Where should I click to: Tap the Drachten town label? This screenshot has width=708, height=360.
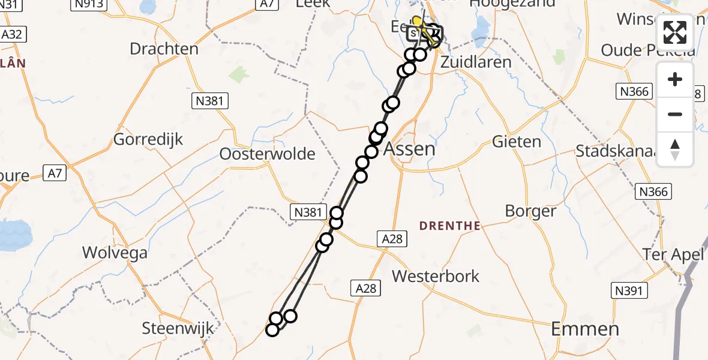point(164,49)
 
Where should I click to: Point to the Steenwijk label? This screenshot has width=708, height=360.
point(178,329)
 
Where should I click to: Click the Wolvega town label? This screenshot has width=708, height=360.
point(115,253)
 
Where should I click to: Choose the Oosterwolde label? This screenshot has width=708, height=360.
point(267,154)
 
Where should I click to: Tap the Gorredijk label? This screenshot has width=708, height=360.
point(148,139)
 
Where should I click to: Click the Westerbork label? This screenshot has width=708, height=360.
point(436,276)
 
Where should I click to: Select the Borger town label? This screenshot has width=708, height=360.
point(530,211)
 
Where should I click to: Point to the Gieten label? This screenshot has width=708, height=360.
point(516,142)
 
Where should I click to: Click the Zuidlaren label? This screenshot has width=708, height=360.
point(475,62)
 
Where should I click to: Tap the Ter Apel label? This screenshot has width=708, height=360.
point(673,254)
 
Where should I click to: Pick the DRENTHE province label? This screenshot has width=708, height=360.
point(449,226)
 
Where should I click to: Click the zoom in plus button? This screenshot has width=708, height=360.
point(675,79)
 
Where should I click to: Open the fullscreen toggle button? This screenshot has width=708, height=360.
point(675,33)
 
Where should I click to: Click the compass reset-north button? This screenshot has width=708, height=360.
point(675,149)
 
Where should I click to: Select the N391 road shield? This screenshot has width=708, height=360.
point(630,291)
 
